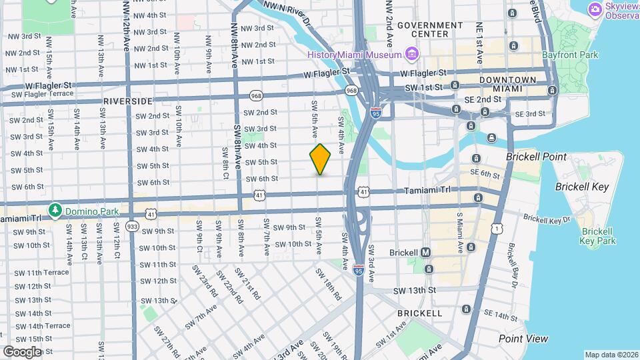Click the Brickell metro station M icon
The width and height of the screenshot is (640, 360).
tap(426, 253)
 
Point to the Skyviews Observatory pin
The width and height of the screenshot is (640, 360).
tap(595, 9)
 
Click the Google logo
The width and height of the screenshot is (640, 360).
tap(22, 351)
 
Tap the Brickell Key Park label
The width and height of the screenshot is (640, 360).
tap(598, 236)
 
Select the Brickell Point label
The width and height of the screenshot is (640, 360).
tap(536, 157)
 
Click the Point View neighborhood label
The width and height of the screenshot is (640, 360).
tap(523, 339)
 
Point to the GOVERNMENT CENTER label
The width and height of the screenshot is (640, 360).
tap(430, 29)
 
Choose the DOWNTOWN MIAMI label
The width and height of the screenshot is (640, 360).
tap(508, 84)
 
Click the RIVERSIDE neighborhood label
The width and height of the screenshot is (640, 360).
tap(128, 101)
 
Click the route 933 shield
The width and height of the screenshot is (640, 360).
tap(133, 227)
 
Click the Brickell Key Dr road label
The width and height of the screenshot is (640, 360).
tap(547, 218)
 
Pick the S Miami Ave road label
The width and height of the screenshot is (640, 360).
tap(459, 233)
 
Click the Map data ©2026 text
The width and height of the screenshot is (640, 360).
tap(611, 355)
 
